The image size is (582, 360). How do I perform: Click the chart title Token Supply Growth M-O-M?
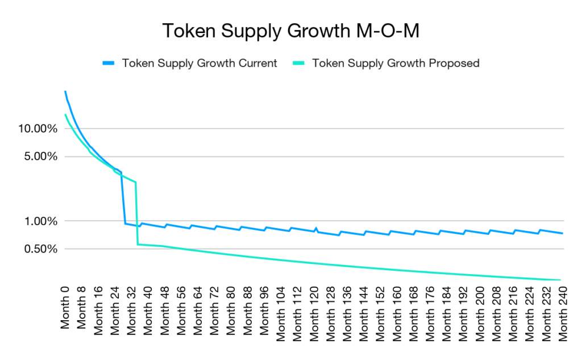tap(290, 31)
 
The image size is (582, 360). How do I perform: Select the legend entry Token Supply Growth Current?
tap(199, 63)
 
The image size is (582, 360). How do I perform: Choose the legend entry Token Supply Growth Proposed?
tap(396, 63)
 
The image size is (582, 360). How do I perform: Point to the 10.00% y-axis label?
tap(38, 129)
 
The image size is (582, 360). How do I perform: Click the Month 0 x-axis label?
tap(65, 308)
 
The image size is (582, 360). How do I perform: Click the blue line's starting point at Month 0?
tap(65, 91)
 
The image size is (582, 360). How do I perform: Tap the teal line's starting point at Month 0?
tap(65, 115)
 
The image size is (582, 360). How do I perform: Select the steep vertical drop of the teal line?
tap(136, 213)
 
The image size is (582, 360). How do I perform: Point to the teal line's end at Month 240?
tap(561, 280)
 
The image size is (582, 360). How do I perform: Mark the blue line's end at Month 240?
tap(562, 233)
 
